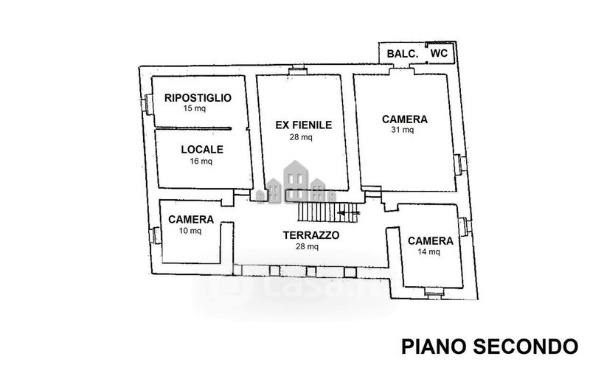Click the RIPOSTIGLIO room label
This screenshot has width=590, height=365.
tap(198, 98)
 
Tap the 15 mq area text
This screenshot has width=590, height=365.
tap(195, 108)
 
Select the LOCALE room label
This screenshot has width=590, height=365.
tap(202, 150)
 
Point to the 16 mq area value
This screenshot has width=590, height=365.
tap(201, 161)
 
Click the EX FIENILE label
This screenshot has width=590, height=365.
tap(304, 125)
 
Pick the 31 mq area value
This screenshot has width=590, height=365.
tap(403, 130)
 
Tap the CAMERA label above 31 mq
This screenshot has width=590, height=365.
tap(405, 119)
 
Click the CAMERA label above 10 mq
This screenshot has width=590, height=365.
tap(191, 220)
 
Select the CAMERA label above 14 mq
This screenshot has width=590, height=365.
tap(431, 241)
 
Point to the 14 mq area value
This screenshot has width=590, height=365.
tap(428, 251)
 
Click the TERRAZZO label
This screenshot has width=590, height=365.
tap(311, 235)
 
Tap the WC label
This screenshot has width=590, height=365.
tap(439, 53)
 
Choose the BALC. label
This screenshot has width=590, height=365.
tap(403, 54)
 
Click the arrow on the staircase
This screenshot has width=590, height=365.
tap(349, 213)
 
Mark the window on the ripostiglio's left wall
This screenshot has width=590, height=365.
tap(147, 104)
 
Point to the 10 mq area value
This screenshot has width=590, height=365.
tap(190, 230)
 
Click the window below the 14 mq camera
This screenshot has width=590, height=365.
tap(434, 293)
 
